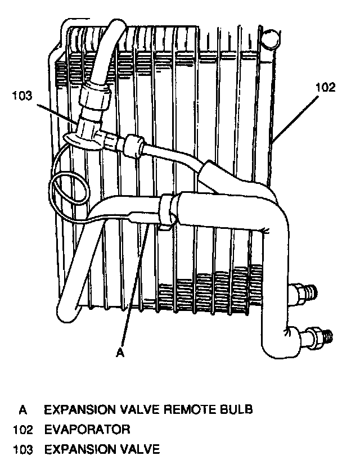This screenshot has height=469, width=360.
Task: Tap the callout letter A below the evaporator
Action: [119, 353]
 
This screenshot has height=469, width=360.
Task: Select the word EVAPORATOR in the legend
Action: [87, 430]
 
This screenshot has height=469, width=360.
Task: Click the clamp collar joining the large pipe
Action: [167, 208]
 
